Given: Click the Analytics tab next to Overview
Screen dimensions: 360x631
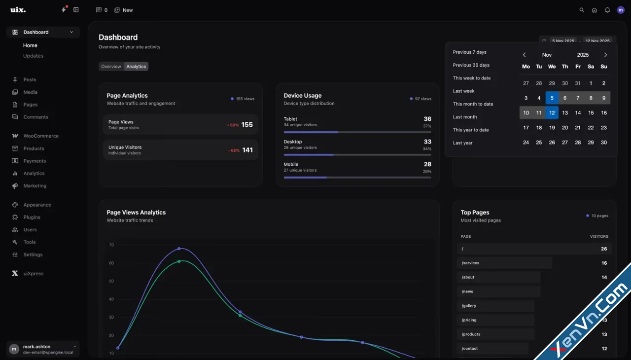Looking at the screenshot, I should point(136,67).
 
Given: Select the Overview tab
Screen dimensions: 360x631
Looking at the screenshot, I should point(111,67).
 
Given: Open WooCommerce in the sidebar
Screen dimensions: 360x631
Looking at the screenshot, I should point(40,136).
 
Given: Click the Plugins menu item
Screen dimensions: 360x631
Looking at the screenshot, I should point(32,217).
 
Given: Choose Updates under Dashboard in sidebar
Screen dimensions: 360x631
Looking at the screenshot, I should point(33,56).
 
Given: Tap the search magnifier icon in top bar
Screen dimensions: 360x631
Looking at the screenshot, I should point(582,10).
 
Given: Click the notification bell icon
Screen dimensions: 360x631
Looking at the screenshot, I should point(607,10).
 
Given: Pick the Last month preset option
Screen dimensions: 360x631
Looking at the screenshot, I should point(465,117).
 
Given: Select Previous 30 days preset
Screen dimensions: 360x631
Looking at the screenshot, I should point(471,65).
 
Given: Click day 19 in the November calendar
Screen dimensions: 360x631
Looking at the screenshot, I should point(552,128).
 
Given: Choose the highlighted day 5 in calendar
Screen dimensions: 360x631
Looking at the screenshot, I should point(552,98).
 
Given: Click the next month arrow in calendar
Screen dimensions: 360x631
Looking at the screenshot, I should point(606,55).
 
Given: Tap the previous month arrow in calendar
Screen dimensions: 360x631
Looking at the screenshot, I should point(524,55).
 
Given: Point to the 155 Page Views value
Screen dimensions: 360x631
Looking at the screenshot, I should point(247,125).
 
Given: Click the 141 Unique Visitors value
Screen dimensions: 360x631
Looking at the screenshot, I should point(247,150).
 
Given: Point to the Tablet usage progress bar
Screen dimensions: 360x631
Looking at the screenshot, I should point(357,132).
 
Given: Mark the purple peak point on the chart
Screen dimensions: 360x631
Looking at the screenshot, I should point(179,249).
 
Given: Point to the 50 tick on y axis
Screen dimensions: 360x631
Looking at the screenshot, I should point(111,281).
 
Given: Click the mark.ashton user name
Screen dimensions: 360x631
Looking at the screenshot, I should point(37,347).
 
